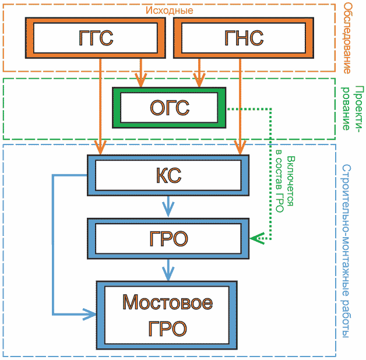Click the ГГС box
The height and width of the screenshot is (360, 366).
coord(96,38)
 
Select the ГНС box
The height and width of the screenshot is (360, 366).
coord(244,38)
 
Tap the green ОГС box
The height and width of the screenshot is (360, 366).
coord(169,108)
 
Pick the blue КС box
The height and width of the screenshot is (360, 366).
coord(168,175)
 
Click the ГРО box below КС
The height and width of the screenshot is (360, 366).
coord(168,238)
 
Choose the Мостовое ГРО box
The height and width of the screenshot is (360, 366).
coord(167,315)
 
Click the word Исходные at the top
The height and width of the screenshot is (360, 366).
coord(169,10)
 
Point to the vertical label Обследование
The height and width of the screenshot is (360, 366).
coord(347,38)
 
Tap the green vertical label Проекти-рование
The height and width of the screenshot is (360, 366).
coord(353,108)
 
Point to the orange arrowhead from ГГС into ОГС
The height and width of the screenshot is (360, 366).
coord(140,80)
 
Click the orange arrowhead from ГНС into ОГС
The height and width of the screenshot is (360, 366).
coord(199,80)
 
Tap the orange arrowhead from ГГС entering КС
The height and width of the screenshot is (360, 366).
coord(100,147)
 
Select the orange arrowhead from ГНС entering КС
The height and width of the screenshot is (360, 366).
coord(240,147)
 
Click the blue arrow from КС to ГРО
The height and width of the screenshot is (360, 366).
coord(168,207)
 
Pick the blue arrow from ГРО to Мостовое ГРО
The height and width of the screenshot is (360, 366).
coord(168,270)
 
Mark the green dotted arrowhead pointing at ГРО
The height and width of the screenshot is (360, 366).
coord(257,238)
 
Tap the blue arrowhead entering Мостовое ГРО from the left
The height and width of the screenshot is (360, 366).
coord(89,314)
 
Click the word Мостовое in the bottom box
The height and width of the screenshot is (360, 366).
coord(168,302)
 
